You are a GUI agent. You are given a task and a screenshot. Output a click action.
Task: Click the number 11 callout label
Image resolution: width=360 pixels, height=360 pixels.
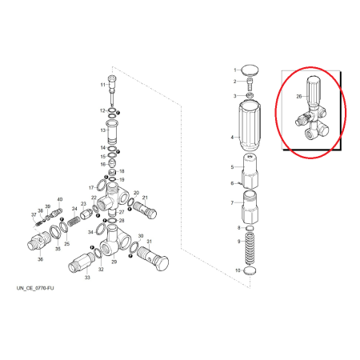pyautogui.click(x=103, y=85)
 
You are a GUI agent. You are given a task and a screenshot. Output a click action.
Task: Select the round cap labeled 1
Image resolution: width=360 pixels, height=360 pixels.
pyautogui.click(x=250, y=70)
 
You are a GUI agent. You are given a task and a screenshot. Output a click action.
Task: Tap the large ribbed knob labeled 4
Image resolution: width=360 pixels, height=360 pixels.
pyautogui.click(x=250, y=126)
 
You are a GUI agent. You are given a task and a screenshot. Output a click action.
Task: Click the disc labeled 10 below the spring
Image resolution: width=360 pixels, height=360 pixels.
pyautogui.click(x=250, y=270)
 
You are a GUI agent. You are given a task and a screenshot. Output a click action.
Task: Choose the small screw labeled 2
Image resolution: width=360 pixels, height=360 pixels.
pyautogui.click(x=249, y=84)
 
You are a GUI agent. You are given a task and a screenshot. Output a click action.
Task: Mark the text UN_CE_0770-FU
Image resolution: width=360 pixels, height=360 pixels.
pyautogui.click(x=35, y=288)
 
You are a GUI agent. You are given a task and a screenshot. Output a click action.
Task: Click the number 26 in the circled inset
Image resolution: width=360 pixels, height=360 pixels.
pyautogui.click(x=299, y=96)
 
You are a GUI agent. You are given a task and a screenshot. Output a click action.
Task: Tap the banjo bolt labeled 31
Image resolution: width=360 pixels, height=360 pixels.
pyautogui.click(x=154, y=259)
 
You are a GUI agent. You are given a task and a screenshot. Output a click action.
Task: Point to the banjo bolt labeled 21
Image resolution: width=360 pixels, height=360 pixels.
pyautogui.click(x=145, y=210)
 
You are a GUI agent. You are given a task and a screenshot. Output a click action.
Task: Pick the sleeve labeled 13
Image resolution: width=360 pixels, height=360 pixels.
pyautogui.click(x=112, y=132)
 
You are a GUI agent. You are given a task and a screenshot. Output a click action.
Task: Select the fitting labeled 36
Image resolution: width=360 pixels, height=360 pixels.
pyautogui.click(x=39, y=240)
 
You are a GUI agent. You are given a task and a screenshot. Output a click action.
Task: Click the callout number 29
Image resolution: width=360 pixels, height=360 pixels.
pyautogui.click(x=114, y=262)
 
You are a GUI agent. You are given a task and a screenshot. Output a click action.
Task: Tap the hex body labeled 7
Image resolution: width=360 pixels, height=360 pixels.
pyautogui.click(x=250, y=207)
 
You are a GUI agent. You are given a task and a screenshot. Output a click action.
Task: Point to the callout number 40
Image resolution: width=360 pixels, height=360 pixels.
pyautogui.click(x=60, y=199)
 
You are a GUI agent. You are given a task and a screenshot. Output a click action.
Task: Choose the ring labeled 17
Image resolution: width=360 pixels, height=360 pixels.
pyautogui.click(x=102, y=186)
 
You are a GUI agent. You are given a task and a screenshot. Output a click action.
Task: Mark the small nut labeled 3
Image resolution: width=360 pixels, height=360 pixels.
pyautogui.click(x=250, y=95)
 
